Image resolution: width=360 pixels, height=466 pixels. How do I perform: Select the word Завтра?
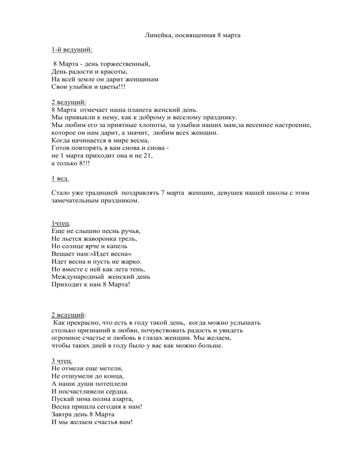63,416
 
